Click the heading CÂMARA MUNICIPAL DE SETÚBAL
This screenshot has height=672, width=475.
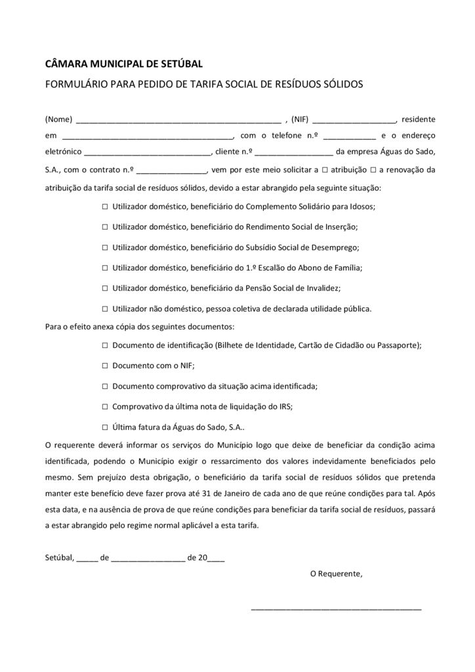coord(123,64)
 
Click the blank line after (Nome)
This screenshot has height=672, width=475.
coord(178,121)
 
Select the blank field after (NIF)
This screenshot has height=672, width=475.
coord(354,121)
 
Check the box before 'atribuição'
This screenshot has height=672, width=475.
coord(316,169)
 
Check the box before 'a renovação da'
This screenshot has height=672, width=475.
coord(373,169)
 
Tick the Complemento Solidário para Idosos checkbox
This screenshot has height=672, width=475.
coord(105,206)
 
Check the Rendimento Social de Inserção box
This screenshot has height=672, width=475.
coord(105,227)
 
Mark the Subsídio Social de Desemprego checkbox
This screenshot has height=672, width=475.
coord(105,247)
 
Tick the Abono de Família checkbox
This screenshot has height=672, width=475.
coord(105,268)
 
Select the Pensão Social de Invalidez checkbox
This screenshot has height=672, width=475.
coord(105,288)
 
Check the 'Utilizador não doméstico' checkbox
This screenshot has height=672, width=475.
coord(105,308)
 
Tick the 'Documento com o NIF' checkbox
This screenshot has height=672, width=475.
coord(105,366)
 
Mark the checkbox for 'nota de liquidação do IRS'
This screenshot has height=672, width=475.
coord(105,406)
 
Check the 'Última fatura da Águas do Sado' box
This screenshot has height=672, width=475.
coord(105,427)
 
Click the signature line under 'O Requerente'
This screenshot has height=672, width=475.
coord(336,610)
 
